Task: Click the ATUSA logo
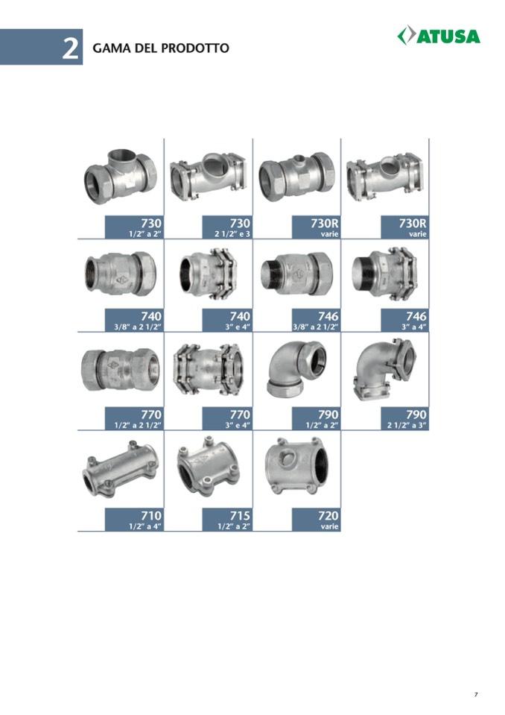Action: coord(439,36)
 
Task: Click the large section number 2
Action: coord(70,48)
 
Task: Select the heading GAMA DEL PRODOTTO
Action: coord(161,48)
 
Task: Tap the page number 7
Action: coord(476,694)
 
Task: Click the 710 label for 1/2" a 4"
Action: coord(134,520)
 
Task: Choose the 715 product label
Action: coord(226,520)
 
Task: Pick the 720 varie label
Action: coord(316,520)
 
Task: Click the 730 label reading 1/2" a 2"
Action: coord(134,227)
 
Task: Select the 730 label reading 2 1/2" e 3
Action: coord(226,227)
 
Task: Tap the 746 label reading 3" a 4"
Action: coord(404,320)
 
